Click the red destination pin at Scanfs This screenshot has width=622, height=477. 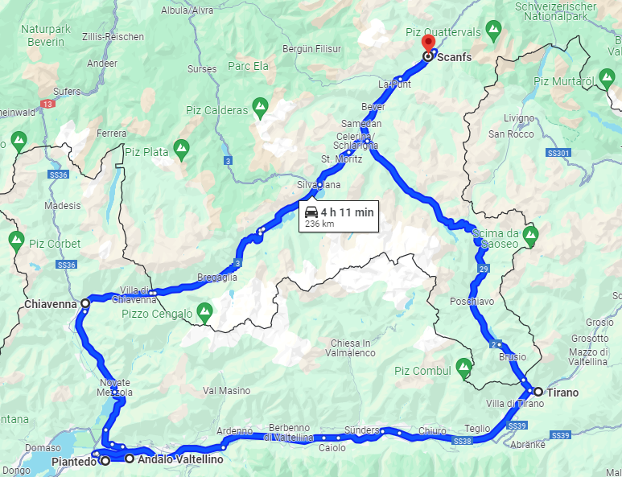429,43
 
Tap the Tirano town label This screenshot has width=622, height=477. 562,392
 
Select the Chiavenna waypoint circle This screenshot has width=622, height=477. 85,304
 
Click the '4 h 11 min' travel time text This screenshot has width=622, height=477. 347,212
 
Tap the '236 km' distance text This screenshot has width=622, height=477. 318,224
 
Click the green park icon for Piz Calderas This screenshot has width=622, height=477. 260,106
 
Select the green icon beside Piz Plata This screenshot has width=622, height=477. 182,148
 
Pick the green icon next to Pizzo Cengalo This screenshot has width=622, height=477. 205,310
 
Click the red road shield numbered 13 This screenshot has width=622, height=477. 49,105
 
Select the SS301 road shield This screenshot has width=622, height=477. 558,152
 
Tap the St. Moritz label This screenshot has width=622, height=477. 342,158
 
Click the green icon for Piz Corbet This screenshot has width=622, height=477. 16,239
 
